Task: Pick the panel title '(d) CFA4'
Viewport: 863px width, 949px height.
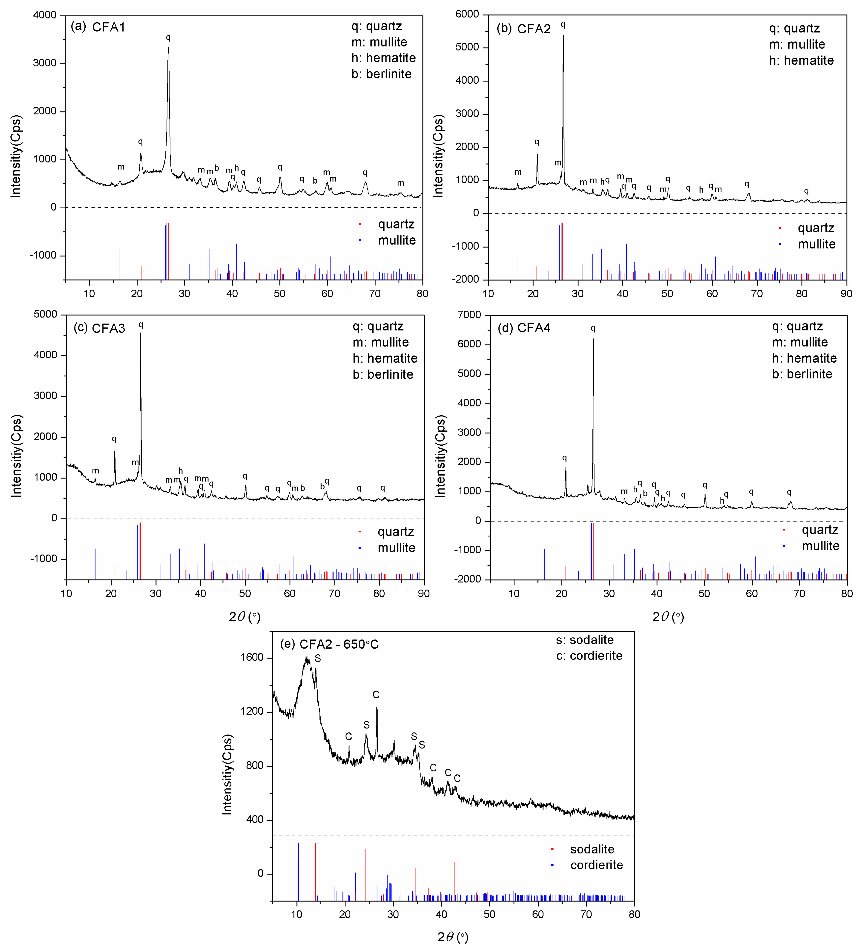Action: point(524,328)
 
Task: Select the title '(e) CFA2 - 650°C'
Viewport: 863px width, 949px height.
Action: point(329,644)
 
